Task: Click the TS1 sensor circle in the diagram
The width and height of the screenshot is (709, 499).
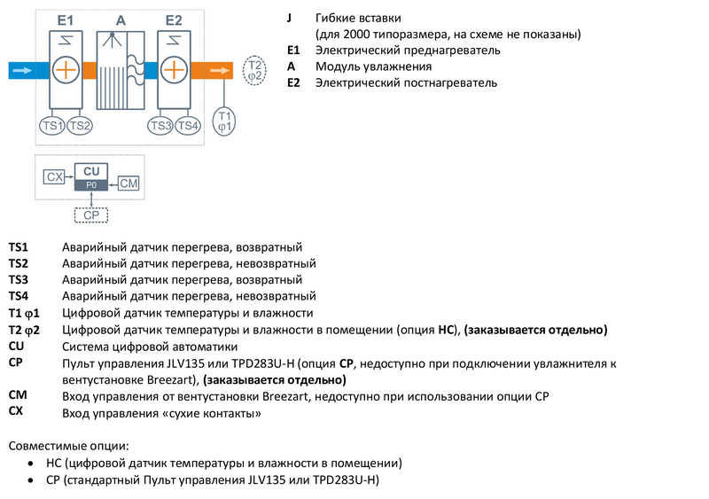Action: [52, 125]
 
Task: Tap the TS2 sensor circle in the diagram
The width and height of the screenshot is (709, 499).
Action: [79, 125]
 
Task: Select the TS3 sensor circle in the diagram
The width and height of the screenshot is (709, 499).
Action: [160, 125]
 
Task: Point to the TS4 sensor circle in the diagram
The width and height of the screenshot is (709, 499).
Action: [187, 125]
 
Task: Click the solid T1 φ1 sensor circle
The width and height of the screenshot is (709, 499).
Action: [225, 121]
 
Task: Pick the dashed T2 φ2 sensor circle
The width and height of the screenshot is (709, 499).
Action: [254, 70]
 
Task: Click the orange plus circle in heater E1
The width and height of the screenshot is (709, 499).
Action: [66, 69]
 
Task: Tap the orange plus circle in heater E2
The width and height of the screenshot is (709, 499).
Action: [174, 69]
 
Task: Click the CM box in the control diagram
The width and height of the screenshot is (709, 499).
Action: [129, 183]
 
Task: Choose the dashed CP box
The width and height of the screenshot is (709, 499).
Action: [90, 214]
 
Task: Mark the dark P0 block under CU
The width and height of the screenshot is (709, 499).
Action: [91, 184]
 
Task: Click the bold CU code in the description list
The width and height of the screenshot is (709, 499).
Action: [16, 347]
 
